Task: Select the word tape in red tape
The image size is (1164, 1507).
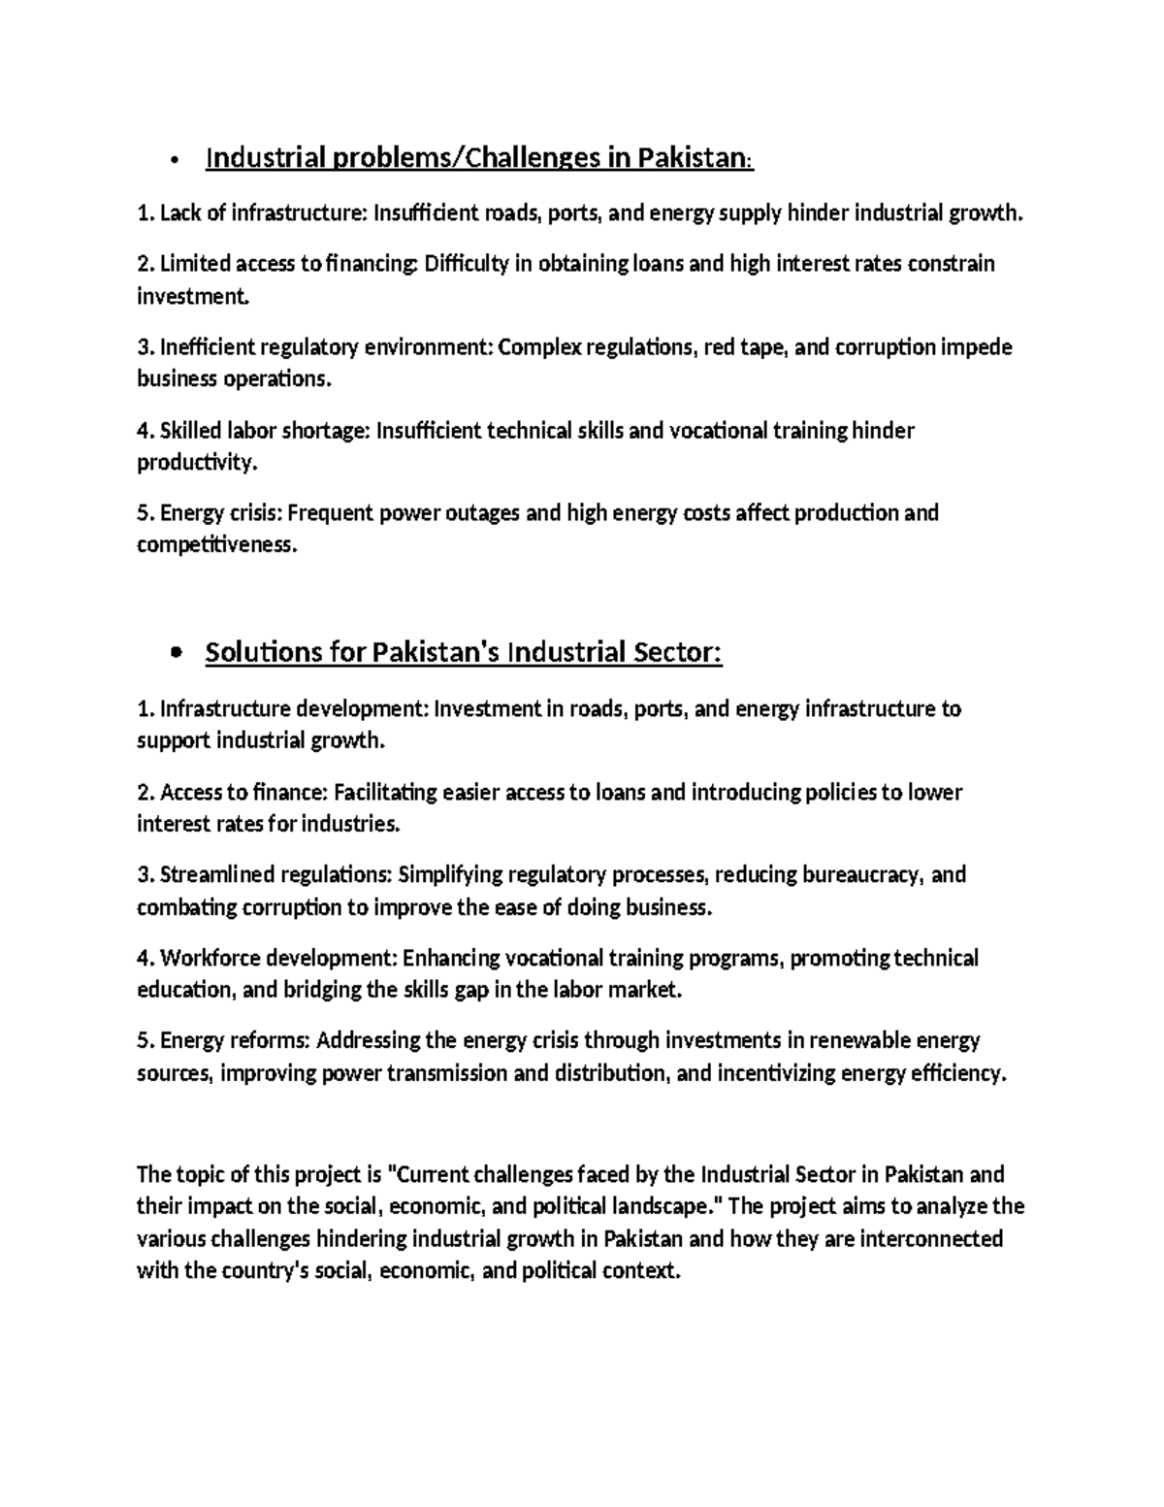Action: pyautogui.click(x=763, y=347)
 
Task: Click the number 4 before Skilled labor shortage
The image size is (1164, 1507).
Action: pyautogui.click(x=143, y=431)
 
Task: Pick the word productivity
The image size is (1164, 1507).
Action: pyautogui.click(x=197, y=463)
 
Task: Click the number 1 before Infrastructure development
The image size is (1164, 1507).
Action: pyautogui.click(x=143, y=709)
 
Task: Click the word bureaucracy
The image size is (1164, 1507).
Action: pyautogui.click(x=861, y=875)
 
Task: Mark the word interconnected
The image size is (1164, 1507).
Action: pyautogui.click(x=931, y=1240)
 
